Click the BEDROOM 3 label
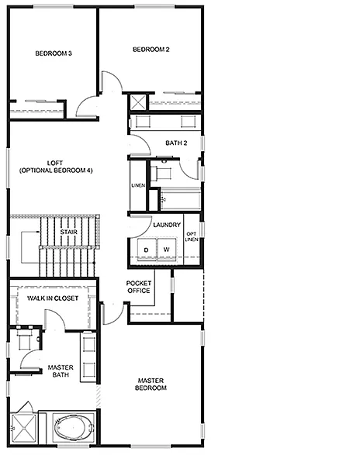point(54,53)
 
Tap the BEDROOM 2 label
point(151,50)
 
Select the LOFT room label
point(56,167)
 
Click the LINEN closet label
point(138,186)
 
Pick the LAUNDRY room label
point(167,226)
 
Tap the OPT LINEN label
point(191,236)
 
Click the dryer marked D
point(144,249)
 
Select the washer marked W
point(165,249)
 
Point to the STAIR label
point(67,231)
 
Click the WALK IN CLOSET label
point(53,298)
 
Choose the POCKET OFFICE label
point(139,286)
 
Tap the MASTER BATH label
point(60,371)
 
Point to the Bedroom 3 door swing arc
point(87,106)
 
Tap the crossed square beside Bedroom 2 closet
point(137,102)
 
